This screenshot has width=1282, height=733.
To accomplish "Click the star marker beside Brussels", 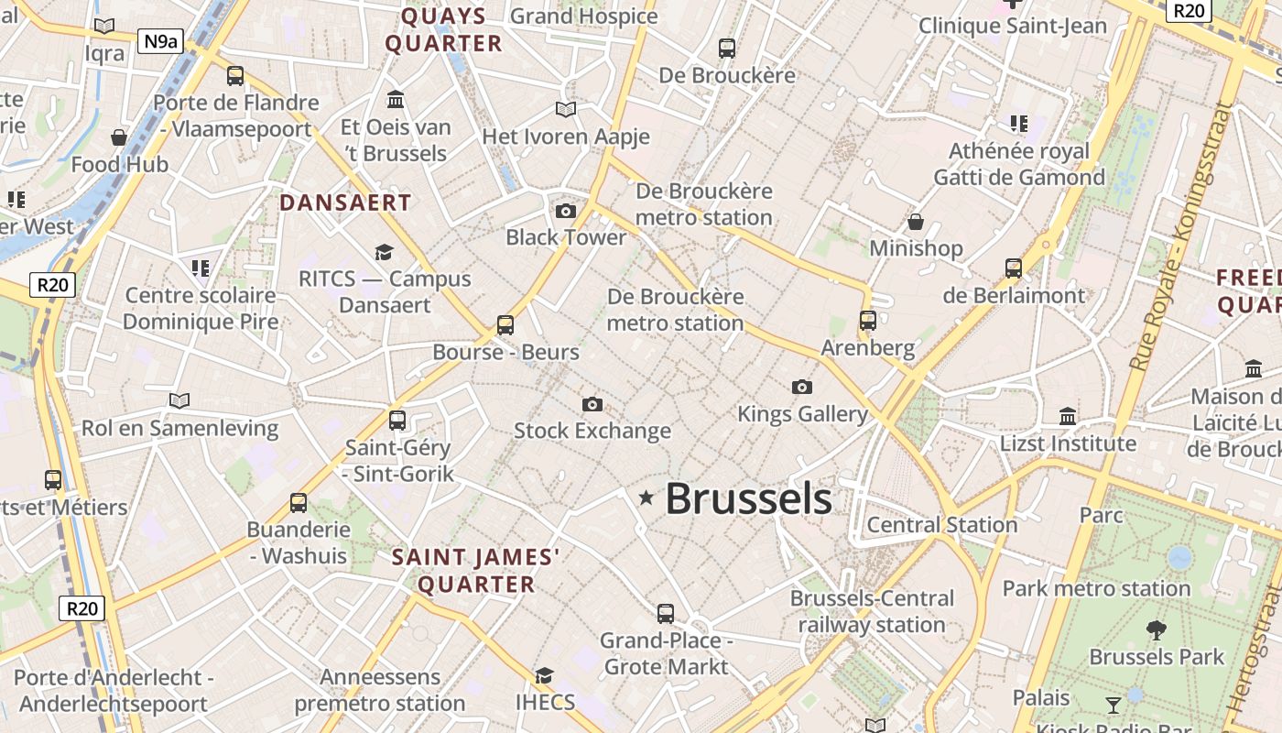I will tap(646, 498).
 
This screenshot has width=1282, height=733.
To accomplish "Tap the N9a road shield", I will tap(158, 40).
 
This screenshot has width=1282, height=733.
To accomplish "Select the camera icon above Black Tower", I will tap(566, 212).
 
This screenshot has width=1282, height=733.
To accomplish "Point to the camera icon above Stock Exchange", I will tap(592, 404).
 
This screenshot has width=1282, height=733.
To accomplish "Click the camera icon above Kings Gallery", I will tap(802, 387).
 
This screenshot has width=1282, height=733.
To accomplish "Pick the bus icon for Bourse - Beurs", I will tap(505, 324).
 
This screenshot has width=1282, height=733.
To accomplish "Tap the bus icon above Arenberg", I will tap(868, 321).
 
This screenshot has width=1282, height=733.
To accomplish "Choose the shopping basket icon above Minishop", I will tap(915, 222).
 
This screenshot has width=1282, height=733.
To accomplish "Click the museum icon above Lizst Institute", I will tap(1067, 417).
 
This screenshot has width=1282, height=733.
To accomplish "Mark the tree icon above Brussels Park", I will tap(1156, 629).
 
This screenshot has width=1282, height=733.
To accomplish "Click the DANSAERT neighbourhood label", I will tap(345, 202).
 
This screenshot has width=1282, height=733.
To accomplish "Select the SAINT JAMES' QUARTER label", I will tap(475, 571).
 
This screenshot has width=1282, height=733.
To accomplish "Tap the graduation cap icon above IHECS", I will tap(544, 676).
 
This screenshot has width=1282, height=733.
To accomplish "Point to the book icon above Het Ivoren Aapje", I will tap(566, 110).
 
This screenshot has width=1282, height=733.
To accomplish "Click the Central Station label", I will tap(941, 525).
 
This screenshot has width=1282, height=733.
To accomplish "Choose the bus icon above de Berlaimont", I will tap(1013, 268).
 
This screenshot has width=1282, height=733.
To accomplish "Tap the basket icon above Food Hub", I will tap(119, 137).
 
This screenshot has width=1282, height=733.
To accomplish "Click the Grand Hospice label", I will tap(583, 16).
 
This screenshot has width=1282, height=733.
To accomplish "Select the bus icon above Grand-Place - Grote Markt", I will tap(666, 613).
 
